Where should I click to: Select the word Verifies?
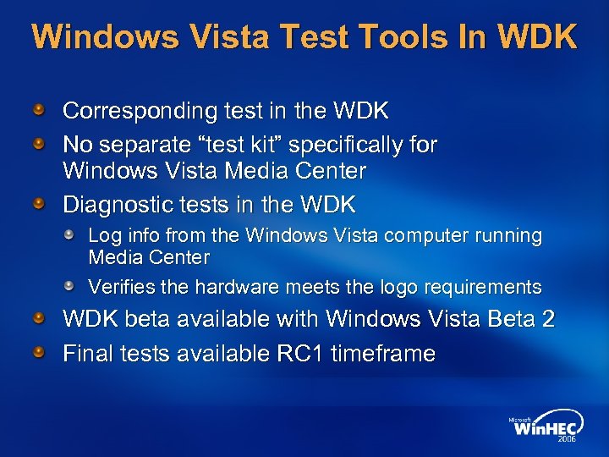117,287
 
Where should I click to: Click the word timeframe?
384,354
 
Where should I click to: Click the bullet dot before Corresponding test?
39,111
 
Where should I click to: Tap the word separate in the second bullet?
134,146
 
